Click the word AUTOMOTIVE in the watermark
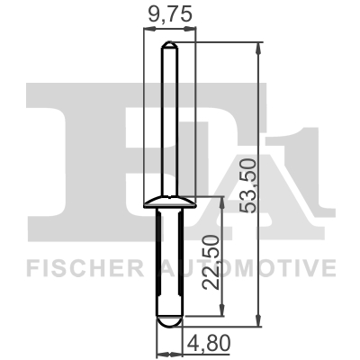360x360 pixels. [250, 268]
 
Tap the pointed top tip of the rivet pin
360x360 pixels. [167, 43]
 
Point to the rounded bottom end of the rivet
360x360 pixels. [167, 320]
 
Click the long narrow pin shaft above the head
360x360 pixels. [167, 117]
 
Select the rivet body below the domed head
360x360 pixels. [167, 261]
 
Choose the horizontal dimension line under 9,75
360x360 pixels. [167, 29]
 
